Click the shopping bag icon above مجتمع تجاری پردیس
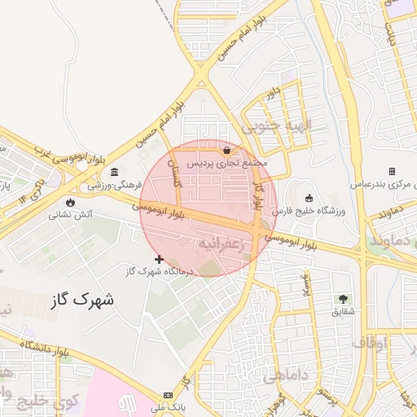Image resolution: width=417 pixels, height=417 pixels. click(226, 151)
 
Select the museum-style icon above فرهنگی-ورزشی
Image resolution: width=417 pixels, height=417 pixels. click(113, 172)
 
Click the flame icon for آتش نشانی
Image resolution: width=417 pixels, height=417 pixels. click(72, 202)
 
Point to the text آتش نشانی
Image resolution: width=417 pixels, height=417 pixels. click(72, 215)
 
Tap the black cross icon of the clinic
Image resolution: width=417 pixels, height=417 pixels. click(159, 259)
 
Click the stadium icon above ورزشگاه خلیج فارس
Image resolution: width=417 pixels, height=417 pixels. click(309, 198)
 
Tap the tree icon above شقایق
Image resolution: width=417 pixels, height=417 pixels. click(342, 299)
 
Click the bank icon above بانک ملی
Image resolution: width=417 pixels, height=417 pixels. click(169, 395)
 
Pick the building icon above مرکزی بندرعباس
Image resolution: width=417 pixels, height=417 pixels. click(392, 171)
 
